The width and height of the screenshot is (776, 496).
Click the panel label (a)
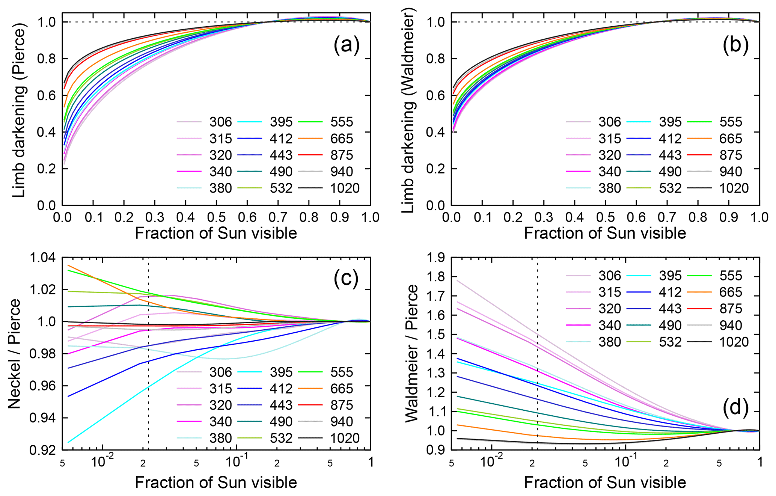tap(346, 45)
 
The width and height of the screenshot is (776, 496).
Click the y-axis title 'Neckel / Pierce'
tap(14, 354)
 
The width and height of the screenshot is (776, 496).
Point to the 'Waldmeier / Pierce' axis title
tap(411, 354)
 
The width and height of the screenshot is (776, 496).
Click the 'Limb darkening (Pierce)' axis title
tap(19, 111)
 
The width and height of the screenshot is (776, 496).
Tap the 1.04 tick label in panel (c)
tap(42, 258)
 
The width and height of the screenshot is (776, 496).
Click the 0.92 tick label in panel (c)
tap(42, 450)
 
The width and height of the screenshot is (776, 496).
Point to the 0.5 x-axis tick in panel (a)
tap(217, 217)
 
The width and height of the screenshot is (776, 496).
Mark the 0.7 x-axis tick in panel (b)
tap(667, 217)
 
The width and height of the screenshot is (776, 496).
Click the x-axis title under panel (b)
tap(605, 233)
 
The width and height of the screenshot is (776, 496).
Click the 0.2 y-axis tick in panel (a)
tap(46, 169)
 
